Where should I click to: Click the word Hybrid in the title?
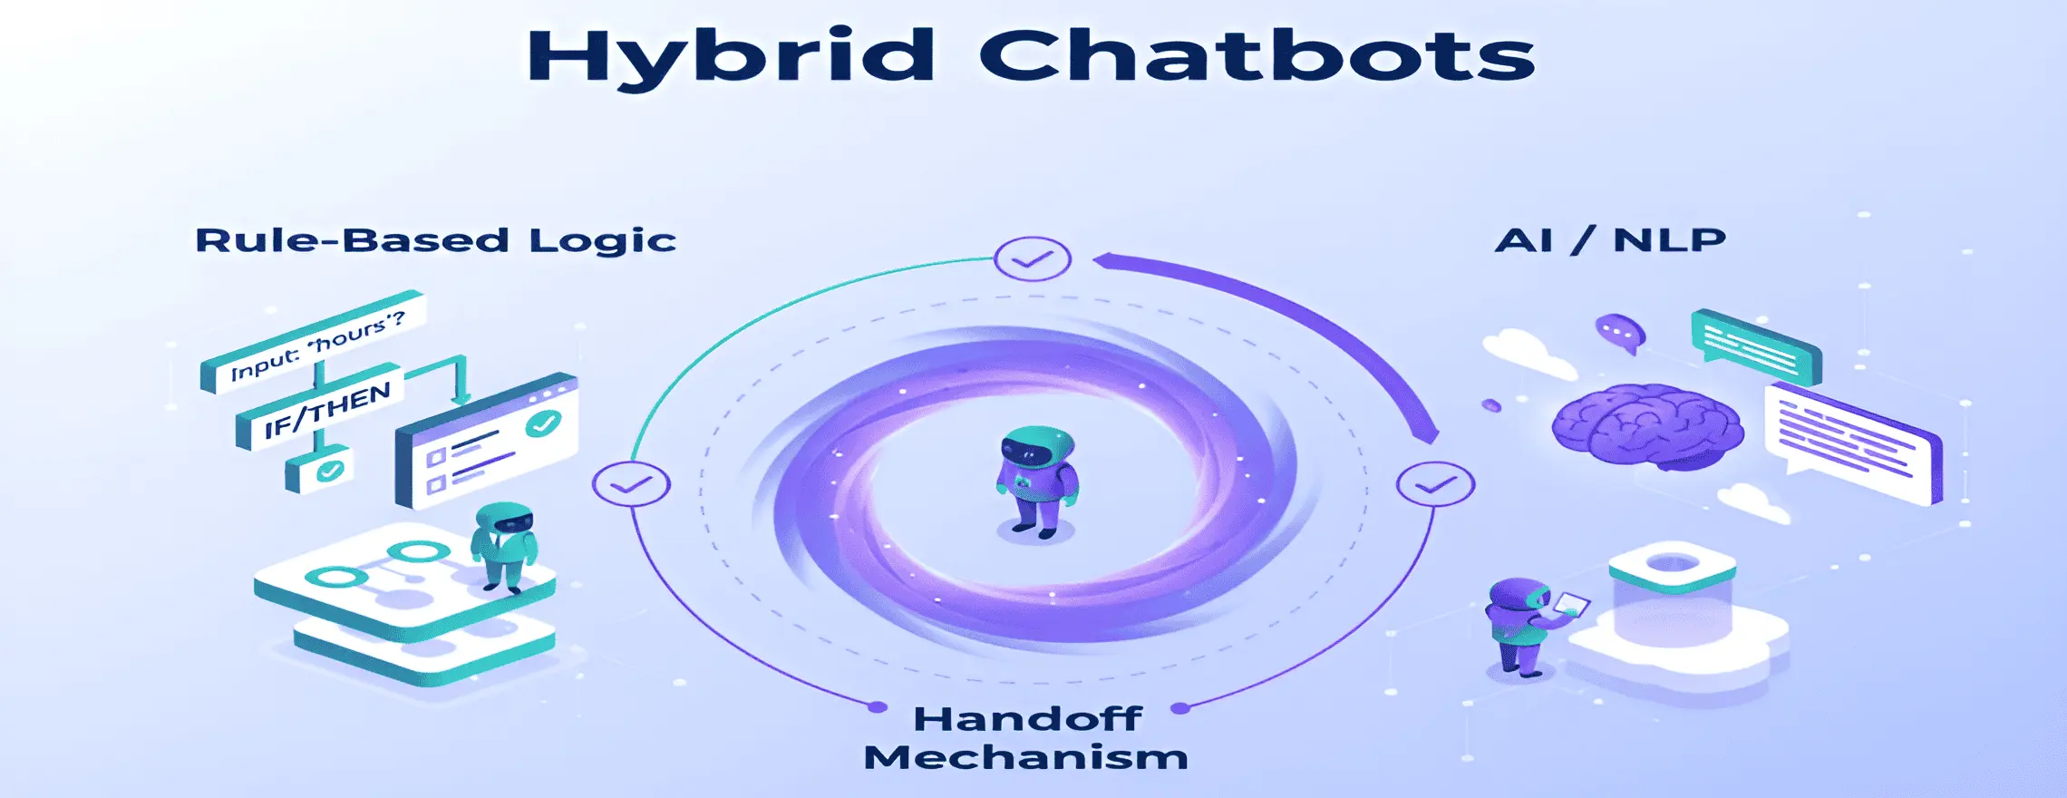730,57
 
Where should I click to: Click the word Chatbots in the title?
1257,57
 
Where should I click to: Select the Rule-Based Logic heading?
435,240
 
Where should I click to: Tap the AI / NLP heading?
1610,240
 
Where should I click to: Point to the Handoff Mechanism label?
1025,738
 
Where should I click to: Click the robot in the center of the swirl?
1037,481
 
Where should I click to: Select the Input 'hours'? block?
314,344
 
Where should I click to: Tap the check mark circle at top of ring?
1032,259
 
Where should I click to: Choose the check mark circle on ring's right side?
1435,484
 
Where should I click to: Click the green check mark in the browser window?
544,423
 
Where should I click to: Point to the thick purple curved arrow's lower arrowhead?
1429,433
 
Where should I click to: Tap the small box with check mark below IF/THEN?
319,470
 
